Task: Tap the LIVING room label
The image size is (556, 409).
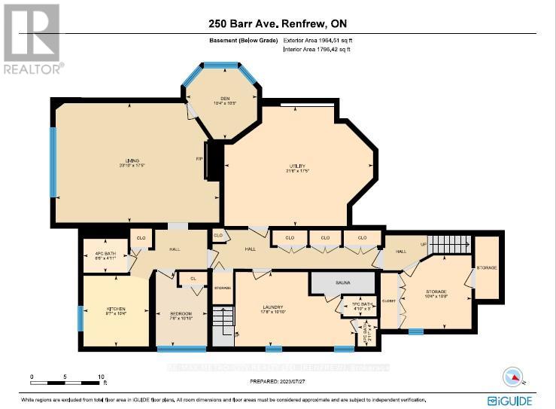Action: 132,163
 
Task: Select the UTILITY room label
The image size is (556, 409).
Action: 298,168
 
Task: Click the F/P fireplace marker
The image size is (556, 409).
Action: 207,160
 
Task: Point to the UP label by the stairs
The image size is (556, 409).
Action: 424,244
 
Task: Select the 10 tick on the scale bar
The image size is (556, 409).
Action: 101,377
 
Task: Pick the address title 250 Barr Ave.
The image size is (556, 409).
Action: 278,22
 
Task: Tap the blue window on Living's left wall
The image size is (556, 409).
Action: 53,162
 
